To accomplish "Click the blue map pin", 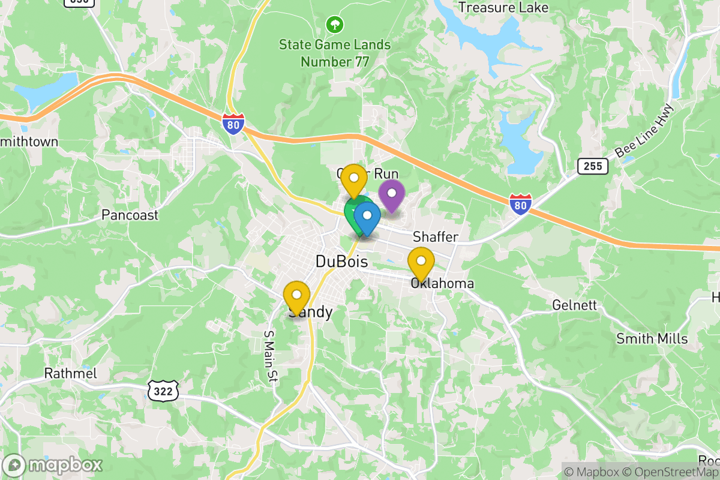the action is (x=367, y=218).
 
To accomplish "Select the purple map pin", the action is (x=392, y=196).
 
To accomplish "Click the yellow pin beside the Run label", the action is (x=354, y=180).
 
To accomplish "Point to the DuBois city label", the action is (x=341, y=262).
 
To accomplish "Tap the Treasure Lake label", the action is (x=503, y=7).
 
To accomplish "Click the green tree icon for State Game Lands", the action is (x=334, y=25).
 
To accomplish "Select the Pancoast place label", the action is (x=130, y=215).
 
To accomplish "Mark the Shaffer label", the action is (x=436, y=238).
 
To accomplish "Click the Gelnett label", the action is (x=574, y=305).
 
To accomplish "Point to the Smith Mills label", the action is (x=652, y=338).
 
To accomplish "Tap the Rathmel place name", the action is (x=71, y=373).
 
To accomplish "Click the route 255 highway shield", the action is (x=593, y=166).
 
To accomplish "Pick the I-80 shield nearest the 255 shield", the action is (x=521, y=205).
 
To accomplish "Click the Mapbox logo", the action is (x=53, y=465).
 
